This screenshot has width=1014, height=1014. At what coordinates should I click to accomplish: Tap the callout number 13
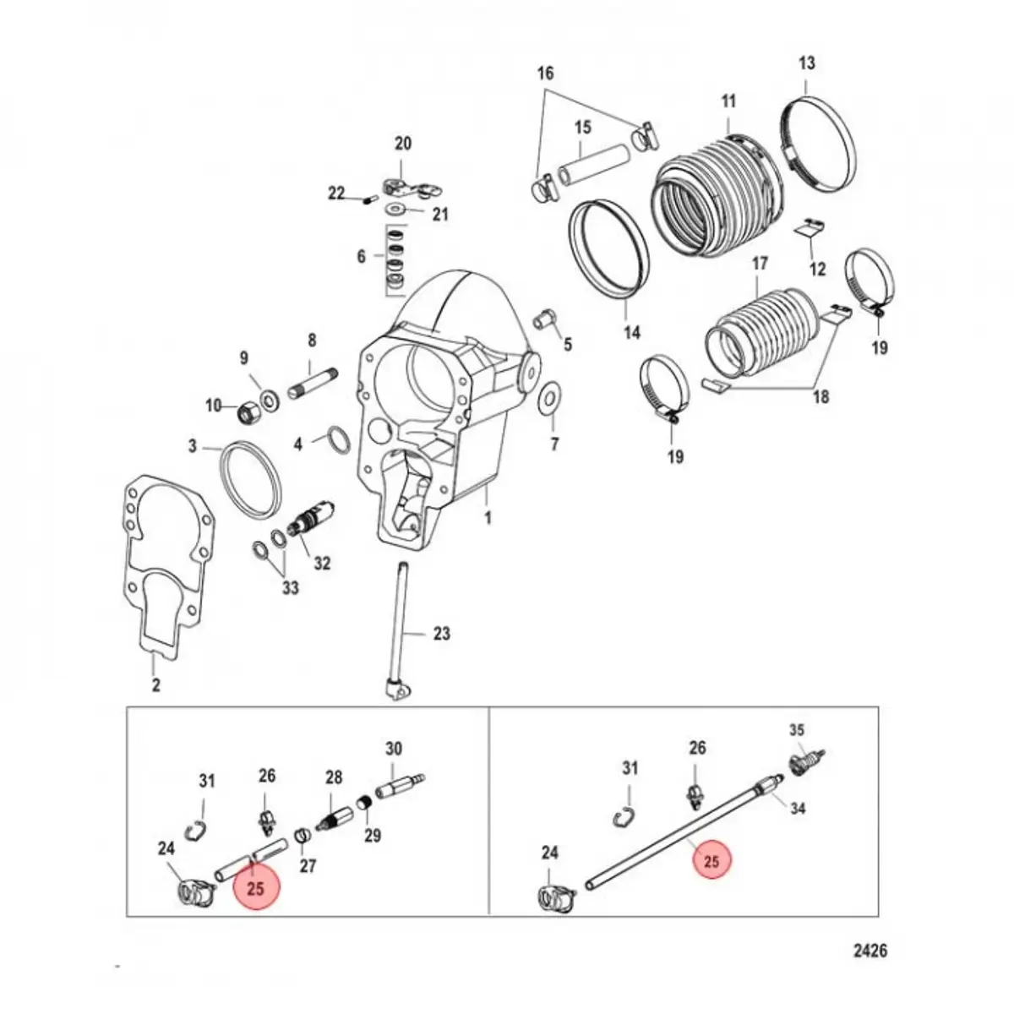pos(806,63)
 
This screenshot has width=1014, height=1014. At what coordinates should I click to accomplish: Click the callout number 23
pos(441,634)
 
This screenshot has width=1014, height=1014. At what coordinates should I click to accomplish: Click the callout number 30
pos(394,749)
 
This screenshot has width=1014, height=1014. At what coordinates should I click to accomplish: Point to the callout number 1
pos(487,518)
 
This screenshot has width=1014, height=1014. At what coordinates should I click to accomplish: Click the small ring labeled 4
pos(338,440)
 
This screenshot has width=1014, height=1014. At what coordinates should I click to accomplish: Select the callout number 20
pos(403,143)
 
